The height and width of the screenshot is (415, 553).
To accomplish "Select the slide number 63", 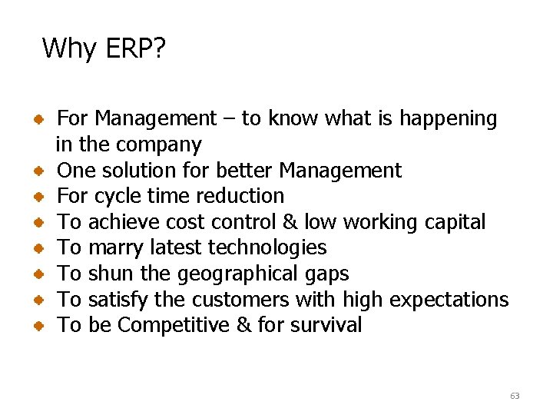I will [x=515, y=396].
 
